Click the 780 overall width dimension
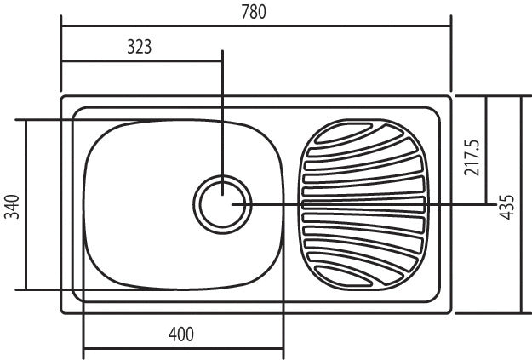coord(254,12)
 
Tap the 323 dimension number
coord(139,47)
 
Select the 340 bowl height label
coord(12,207)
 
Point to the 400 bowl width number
coord(181,334)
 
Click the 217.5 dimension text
coord(472,157)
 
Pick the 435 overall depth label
coord(507,207)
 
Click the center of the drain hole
coord(222,204)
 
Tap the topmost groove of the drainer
coord(344,133)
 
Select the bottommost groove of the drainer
coord(343,276)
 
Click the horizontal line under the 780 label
coord(256,26)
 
